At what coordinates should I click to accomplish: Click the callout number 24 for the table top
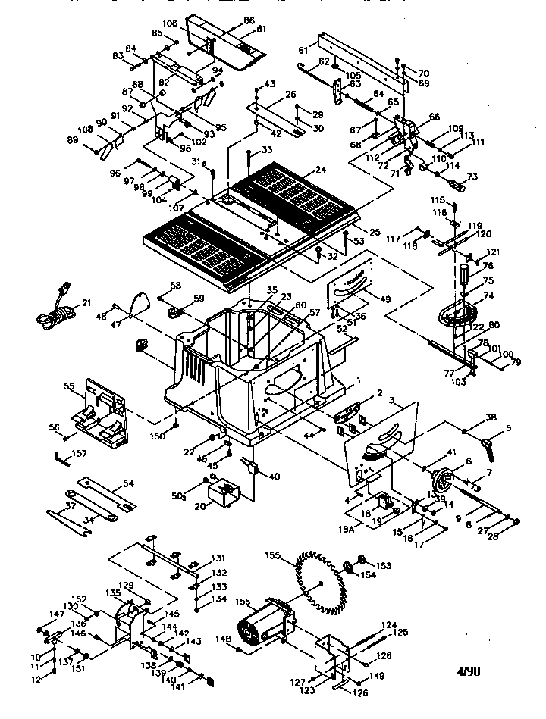322,170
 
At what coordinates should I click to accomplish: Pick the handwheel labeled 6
441,480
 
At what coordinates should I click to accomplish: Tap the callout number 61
303,49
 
